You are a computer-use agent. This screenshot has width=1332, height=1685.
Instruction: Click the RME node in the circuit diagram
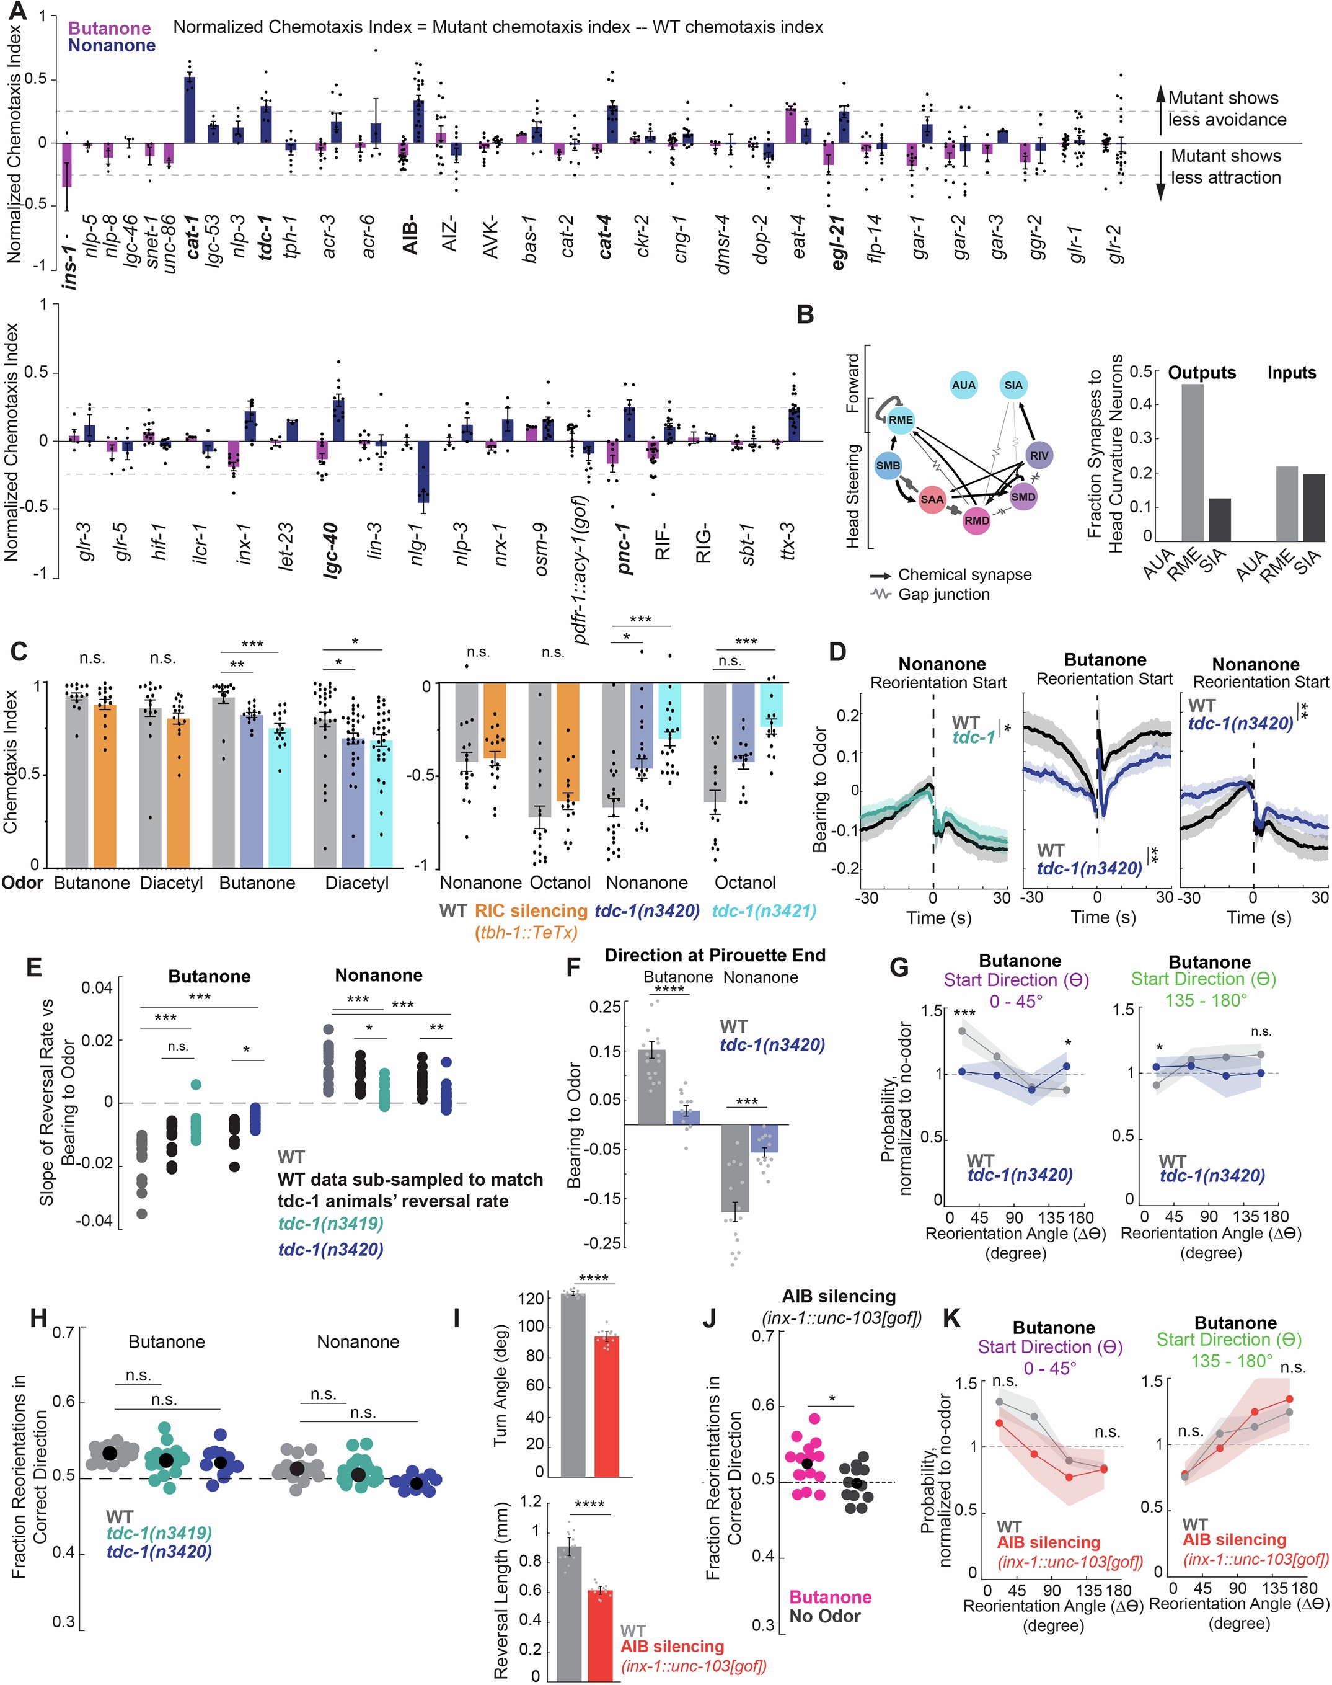point(900,420)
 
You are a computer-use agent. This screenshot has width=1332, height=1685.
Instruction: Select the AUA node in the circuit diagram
point(964,385)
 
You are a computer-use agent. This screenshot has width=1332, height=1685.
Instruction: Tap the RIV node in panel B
point(1039,456)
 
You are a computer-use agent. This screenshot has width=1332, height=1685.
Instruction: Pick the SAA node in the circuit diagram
point(932,499)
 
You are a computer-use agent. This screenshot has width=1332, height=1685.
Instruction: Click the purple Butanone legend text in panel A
point(109,28)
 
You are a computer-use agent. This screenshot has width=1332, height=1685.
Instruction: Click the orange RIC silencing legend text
point(531,910)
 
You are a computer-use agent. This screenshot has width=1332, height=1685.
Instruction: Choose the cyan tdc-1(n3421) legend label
point(764,910)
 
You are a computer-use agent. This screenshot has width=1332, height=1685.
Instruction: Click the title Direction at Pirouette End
point(715,955)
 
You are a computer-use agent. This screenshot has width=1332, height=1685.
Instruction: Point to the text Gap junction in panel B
point(943,594)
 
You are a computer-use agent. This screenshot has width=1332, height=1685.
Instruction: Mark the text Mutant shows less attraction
point(1225,167)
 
